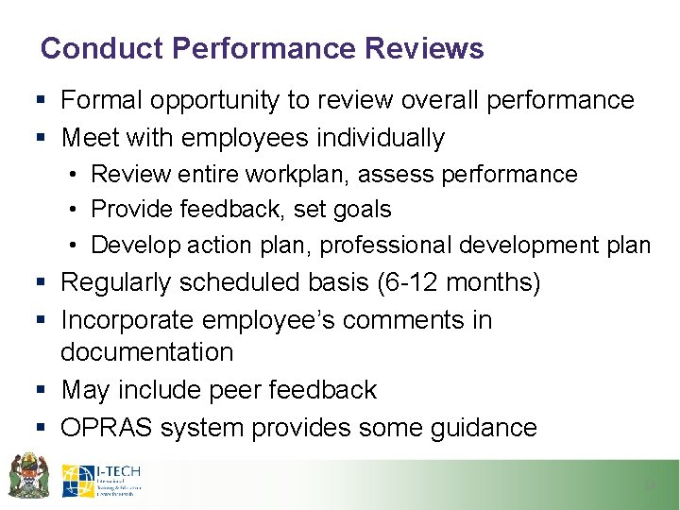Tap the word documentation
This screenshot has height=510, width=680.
146,352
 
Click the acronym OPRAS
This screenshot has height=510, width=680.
107,428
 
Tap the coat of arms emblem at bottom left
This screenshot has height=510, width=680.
28,476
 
